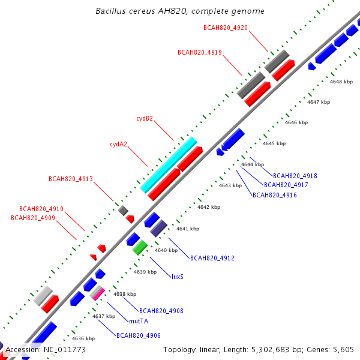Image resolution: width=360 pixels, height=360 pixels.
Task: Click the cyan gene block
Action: click(168, 165)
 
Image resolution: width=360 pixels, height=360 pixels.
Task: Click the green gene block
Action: click(140, 247)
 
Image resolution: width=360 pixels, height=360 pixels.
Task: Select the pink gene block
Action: click(99, 295)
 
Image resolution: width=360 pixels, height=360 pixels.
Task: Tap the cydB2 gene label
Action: click(145, 118)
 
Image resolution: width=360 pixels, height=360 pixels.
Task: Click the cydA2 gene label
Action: click(118, 144)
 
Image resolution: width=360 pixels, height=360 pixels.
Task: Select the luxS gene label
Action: click(178, 277)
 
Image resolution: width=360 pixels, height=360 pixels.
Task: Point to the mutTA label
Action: click(139, 321)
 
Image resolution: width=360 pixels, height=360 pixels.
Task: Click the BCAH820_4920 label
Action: click(226, 28)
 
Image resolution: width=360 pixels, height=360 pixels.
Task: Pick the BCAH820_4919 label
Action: click(200, 52)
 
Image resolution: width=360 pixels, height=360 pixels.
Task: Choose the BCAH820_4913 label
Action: click(71, 179)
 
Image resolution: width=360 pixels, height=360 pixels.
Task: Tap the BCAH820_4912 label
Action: click(212, 258)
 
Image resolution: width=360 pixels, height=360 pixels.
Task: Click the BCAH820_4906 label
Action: click(139, 335)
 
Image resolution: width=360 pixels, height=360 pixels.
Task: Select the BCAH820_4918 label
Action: click(295, 176)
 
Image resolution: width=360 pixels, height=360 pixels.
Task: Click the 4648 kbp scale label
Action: click(341, 82)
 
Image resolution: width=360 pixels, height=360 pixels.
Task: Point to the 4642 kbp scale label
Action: click(209, 207)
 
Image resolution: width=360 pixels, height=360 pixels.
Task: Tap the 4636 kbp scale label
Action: click(83, 338)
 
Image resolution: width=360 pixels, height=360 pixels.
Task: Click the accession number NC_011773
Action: click(65, 350)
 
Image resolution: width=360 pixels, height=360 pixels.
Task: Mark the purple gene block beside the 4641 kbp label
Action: click(158, 228)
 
